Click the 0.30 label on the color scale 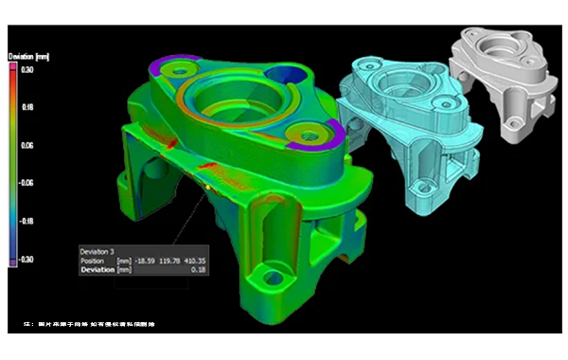[27, 70]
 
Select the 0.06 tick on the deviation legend [27, 146]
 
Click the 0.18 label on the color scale [27, 108]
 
